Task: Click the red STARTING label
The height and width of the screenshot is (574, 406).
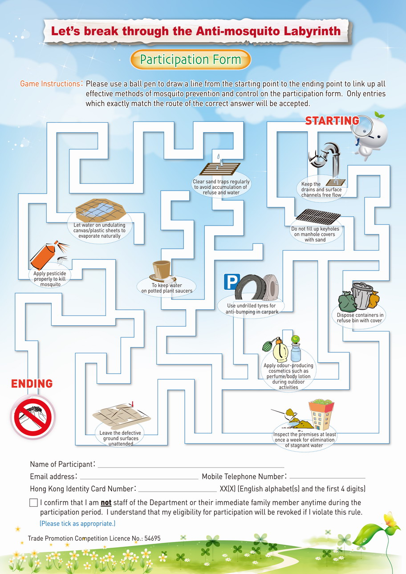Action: click(x=332, y=121)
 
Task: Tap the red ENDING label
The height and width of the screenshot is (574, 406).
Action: click(x=32, y=384)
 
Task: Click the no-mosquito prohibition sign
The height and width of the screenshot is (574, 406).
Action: click(x=33, y=417)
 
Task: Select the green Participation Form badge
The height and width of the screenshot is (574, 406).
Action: click(x=191, y=60)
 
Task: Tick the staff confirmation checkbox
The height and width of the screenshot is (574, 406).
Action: click(x=33, y=502)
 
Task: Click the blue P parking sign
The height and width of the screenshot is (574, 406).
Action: click(x=231, y=282)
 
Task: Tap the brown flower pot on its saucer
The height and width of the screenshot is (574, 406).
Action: click(x=162, y=271)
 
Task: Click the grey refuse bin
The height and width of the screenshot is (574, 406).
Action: click(x=362, y=295)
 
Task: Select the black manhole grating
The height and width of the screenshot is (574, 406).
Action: click(x=318, y=217)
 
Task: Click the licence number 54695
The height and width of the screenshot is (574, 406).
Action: click(x=152, y=538)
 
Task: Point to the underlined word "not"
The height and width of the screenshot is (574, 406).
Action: click(x=106, y=503)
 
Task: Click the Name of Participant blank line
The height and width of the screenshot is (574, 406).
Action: click(x=191, y=467)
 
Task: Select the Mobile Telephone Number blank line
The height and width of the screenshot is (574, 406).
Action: click(x=327, y=478)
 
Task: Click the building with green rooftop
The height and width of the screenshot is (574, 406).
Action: click(x=321, y=414)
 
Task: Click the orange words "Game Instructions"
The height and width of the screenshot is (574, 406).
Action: click(x=50, y=84)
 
